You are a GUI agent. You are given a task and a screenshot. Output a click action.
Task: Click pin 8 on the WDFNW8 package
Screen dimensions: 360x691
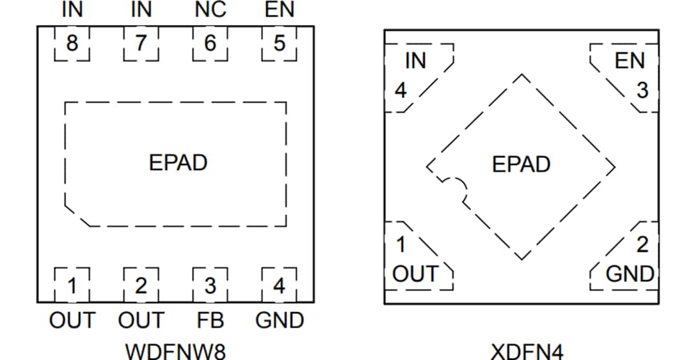pyautogui.click(x=72, y=44)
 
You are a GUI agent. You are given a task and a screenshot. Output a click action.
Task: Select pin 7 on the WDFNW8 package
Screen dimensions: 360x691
pyautogui.click(x=141, y=44)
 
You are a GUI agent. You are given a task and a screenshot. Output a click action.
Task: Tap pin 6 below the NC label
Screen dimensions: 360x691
pyautogui.click(x=210, y=44)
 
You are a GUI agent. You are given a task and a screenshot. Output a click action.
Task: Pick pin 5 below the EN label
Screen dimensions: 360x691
pyautogui.click(x=280, y=44)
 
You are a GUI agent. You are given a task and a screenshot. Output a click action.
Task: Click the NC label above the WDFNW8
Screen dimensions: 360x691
pyautogui.click(x=210, y=10)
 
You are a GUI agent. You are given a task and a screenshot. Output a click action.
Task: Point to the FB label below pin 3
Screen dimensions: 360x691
pyautogui.click(x=210, y=320)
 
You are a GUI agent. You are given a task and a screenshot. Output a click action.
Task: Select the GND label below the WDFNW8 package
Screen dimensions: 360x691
pyautogui.click(x=280, y=320)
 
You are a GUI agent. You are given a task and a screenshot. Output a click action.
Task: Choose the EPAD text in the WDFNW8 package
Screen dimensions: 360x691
pyautogui.click(x=178, y=162)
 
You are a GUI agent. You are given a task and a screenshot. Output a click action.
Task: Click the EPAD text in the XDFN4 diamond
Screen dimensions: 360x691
pyautogui.click(x=521, y=164)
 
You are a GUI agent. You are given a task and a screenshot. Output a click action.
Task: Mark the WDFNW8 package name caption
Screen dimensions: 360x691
pyautogui.click(x=175, y=351)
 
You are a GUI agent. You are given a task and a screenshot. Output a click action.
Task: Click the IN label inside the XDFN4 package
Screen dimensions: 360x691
pyautogui.click(x=415, y=61)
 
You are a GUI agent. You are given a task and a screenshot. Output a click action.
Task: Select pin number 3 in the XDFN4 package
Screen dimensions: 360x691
pyautogui.click(x=642, y=90)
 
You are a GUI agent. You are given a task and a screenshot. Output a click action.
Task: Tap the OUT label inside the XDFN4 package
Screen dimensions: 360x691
pyautogui.click(x=415, y=274)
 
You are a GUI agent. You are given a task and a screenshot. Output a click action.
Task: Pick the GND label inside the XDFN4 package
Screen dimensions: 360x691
pyautogui.click(x=630, y=274)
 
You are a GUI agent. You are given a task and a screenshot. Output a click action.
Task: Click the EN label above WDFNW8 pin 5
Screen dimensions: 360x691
pyautogui.click(x=280, y=10)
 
